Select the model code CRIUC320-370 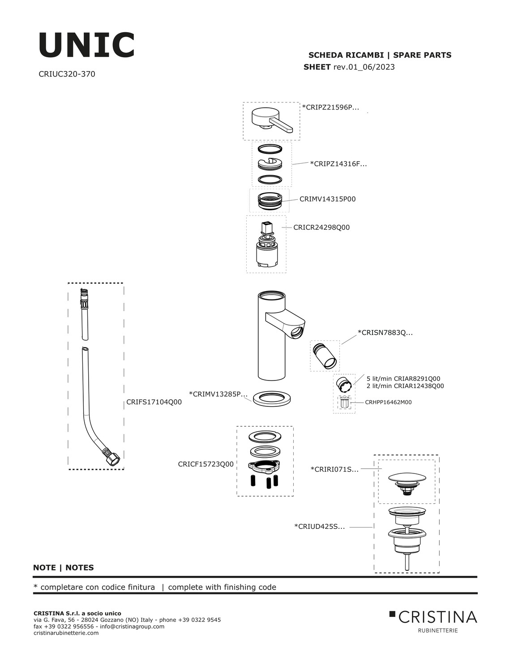pyautogui.click(x=67, y=74)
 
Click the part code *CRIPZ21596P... pyautogui.click(x=330, y=107)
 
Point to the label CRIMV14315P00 pyautogui.click(x=328, y=199)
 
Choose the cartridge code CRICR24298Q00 pyautogui.click(x=321, y=228)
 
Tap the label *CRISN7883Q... pyautogui.click(x=385, y=333)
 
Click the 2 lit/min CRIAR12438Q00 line pyautogui.click(x=405, y=386)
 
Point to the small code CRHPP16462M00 pyautogui.click(x=388, y=402)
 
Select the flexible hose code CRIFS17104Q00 pyautogui.click(x=154, y=402)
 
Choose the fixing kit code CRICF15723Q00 pyautogui.click(x=206, y=464)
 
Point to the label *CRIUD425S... pyautogui.click(x=320, y=527)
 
